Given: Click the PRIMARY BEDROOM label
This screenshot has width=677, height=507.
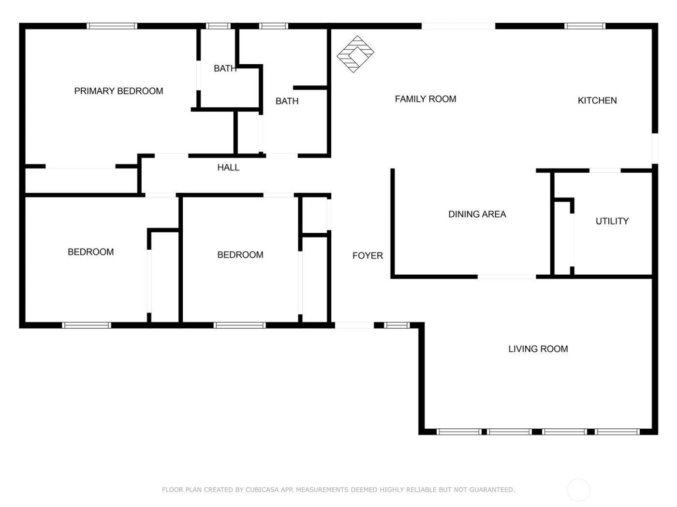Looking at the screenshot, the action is pyautogui.click(x=118, y=91).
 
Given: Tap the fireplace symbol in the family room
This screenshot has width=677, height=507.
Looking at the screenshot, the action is pyautogui.click(x=355, y=54).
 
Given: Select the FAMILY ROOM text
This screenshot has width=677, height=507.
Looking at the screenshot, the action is pyautogui.click(x=426, y=99).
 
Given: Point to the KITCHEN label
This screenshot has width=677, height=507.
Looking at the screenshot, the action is pyautogui.click(x=597, y=100).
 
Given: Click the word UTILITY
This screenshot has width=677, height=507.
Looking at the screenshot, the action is pyautogui.click(x=612, y=221).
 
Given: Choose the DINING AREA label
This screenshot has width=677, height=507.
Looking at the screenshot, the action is pyautogui.click(x=477, y=214).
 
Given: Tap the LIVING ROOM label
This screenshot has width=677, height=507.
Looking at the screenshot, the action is pyautogui.click(x=538, y=349).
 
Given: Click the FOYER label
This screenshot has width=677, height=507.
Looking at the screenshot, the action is pyautogui.click(x=368, y=255).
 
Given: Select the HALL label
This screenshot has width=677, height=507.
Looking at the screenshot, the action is pyautogui.click(x=228, y=168).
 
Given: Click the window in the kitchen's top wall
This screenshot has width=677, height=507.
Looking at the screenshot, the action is pyautogui.click(x=585, y=26).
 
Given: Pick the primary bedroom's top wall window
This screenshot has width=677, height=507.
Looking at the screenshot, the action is pyautogui.click(x=112, y=26).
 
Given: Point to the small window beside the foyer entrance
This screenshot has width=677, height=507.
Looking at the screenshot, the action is pyautogui.click(x=397, y=325).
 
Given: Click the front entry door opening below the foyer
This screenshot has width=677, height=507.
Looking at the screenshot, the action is pyautogui.click(x=354, y=325).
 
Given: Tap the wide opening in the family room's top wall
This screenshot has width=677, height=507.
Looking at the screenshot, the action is pyautogui.click(x=458, y=26).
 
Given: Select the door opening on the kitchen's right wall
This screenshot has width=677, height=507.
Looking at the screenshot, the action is pyautogui.click(x=655, y=148).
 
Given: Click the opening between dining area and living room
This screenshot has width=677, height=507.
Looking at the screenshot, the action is pyautogui.click(x=507, y=277).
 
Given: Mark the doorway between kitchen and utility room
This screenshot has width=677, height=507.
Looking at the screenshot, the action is pyautogui.click(x=605, y=170).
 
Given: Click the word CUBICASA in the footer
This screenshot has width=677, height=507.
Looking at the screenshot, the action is pyautogui.click(x=262, y=490).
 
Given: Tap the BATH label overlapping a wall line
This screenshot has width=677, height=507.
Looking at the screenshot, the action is pyautogui.click(x=225, y=69).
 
